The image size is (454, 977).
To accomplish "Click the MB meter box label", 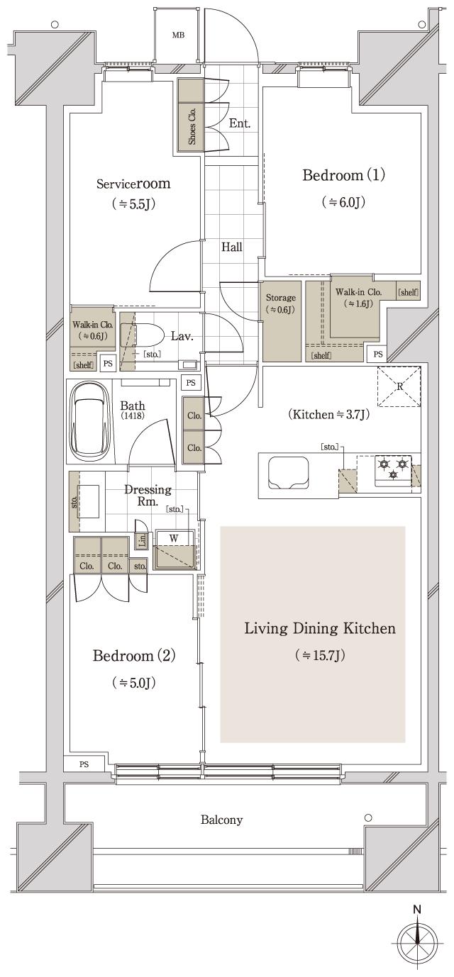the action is point(177,35).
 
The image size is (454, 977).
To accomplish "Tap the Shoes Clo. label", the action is point(192,125).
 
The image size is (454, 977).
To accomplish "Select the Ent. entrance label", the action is point(240,123).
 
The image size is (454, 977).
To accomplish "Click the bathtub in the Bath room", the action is point(89,421).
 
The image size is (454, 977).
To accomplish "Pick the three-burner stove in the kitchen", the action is point(393,470).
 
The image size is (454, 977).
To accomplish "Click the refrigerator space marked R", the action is point(399,387).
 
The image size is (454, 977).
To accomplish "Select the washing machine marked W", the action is point(175,550).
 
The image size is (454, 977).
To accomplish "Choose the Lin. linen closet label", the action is point(142,541).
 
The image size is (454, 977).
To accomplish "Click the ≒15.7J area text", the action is point(320,656).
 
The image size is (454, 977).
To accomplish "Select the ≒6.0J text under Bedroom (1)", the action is point(343,202).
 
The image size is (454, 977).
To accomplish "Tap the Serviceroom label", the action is point(133,184).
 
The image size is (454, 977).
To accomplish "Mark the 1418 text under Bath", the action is point(132,415).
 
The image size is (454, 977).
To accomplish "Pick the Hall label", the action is point(232,247).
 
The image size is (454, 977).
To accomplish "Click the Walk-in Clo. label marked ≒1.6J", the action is point(358,292).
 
